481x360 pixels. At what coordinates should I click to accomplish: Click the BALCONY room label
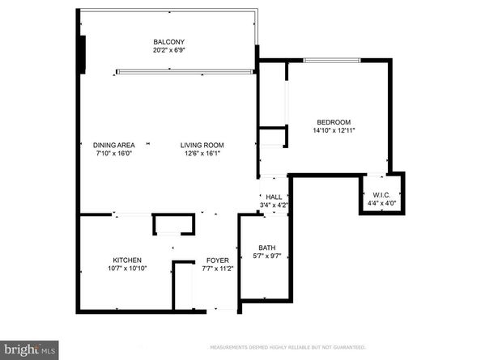(170, 42)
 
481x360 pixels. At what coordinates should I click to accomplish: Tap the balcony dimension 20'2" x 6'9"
(170, 50)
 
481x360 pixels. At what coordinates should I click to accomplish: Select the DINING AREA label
(113, 145)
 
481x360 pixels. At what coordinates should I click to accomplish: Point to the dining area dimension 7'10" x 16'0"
(113, 153)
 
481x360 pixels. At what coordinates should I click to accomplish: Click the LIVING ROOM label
(202, 145)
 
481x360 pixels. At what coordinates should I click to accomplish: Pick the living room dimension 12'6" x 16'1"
(202, 153)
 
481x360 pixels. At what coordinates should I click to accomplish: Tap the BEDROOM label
(334, 121)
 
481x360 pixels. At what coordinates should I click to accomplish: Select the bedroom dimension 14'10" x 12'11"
(334, 129)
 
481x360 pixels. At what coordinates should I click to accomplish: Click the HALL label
(274, 197)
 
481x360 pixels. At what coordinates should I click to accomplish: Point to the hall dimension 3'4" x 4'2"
(274, 205)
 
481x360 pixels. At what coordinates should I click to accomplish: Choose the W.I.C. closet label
(381, 195)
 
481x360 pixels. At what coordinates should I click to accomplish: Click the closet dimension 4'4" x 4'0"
(381, 203)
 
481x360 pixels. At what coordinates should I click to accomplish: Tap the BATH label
(266, 248)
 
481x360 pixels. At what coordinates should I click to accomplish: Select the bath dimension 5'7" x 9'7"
(266, 256)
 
